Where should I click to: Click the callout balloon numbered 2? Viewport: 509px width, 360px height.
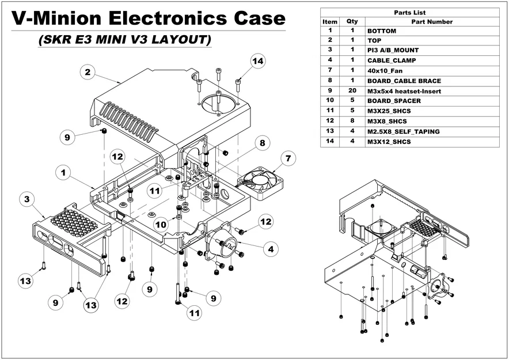87,72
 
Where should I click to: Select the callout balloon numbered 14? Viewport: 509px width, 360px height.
258,61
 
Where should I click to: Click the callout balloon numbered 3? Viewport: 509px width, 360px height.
25,199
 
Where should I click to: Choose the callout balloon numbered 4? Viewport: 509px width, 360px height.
269,249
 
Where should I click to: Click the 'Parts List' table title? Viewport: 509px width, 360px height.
409,12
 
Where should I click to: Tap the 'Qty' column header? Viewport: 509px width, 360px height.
352,21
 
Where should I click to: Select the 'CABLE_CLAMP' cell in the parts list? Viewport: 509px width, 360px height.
392,60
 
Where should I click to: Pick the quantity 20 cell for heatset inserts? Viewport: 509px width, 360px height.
352,91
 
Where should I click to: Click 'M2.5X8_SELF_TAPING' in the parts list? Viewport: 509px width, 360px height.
403,131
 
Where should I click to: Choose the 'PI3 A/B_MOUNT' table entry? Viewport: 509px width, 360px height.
394,50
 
